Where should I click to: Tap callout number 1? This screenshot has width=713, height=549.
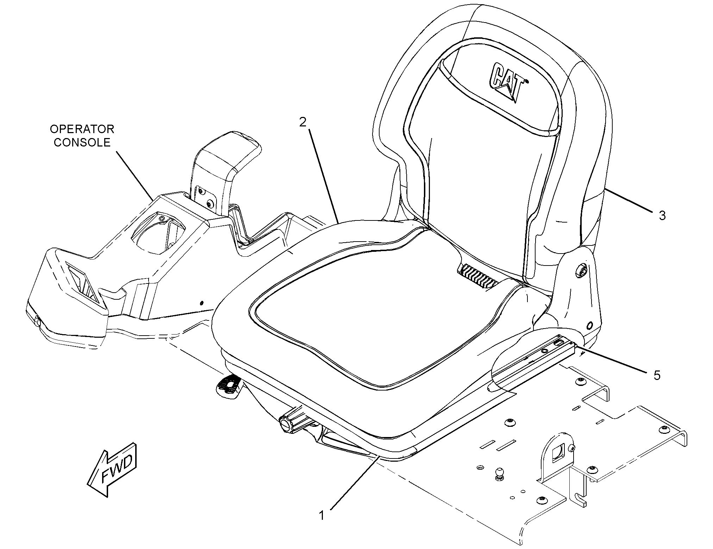[321, 516]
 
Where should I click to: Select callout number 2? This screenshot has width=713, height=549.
[303, 122]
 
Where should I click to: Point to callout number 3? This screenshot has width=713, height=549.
[662, 216]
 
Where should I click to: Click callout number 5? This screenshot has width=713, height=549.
[657, 375]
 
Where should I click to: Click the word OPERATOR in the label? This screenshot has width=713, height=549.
[82, 129]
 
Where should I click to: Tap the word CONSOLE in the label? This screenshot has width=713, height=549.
[82, 143]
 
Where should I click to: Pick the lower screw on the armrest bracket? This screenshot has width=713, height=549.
[211, 204]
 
